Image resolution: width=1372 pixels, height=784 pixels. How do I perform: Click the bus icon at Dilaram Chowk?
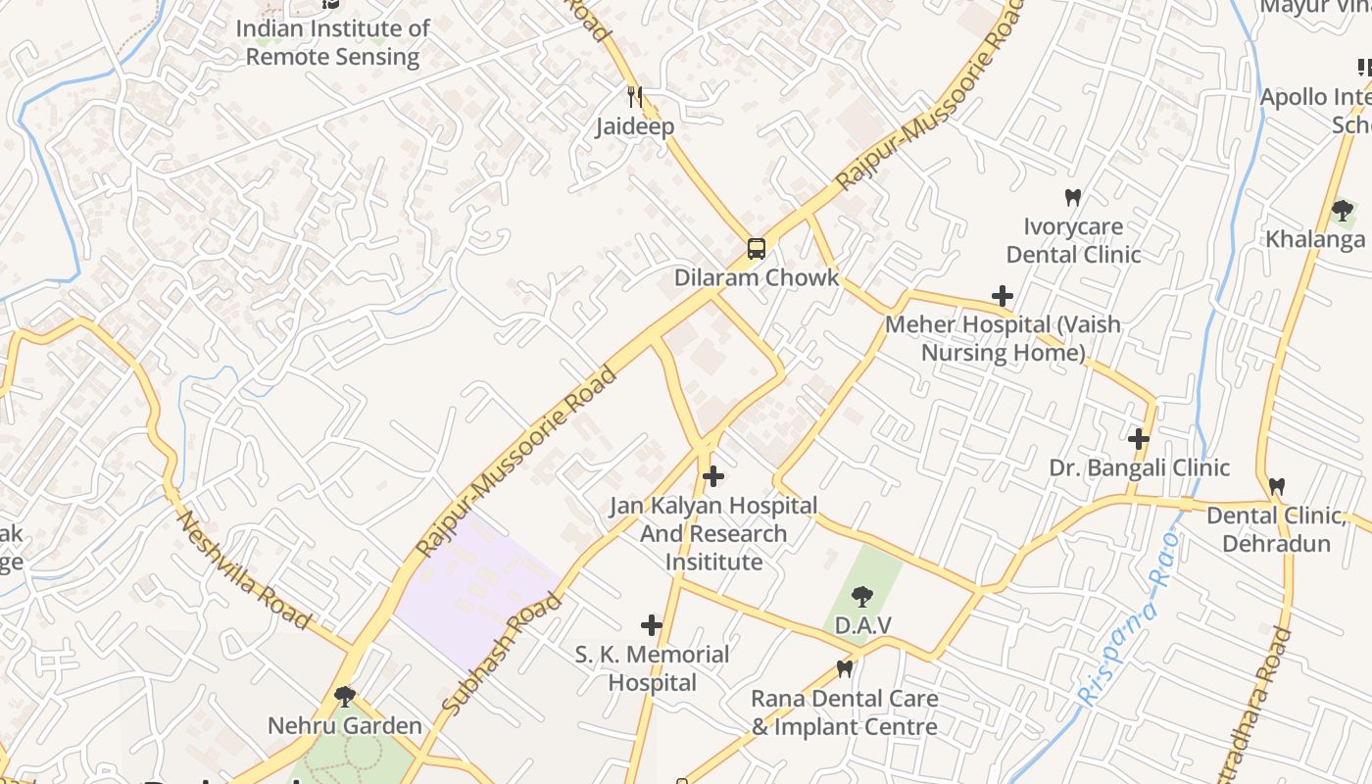point(757,248)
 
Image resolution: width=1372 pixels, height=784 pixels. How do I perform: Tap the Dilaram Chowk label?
point(757,277)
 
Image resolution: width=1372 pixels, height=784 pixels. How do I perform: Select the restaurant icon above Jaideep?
point(635,96)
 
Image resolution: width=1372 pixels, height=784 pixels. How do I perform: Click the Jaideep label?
point(635,126)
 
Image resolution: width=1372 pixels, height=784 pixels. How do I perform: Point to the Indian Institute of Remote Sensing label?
point(332,42)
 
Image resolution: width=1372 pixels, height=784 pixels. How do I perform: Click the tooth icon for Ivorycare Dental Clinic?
point(1073,197)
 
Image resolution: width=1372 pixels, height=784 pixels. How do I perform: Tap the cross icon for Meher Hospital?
point(1003,295)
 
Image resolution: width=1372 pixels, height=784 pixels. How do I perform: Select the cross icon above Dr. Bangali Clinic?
point(1138,438)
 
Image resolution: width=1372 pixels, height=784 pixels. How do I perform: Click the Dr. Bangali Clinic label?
point(1139,467)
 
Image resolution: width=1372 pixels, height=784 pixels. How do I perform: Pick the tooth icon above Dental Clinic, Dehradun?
point(1276,486)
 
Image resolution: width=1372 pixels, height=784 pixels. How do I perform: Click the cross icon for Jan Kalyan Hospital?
point(713,477)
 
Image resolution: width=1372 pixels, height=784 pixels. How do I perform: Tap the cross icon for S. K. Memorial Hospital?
point(652,625)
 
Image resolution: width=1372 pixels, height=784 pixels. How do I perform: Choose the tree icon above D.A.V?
point(862,595)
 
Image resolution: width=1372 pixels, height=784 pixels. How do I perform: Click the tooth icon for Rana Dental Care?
point(844,669)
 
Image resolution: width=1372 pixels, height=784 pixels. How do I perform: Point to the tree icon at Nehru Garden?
point(344,696)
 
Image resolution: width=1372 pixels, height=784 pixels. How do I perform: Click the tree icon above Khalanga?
point(1343,210)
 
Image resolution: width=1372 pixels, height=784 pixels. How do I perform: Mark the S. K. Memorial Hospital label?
point(652,668)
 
